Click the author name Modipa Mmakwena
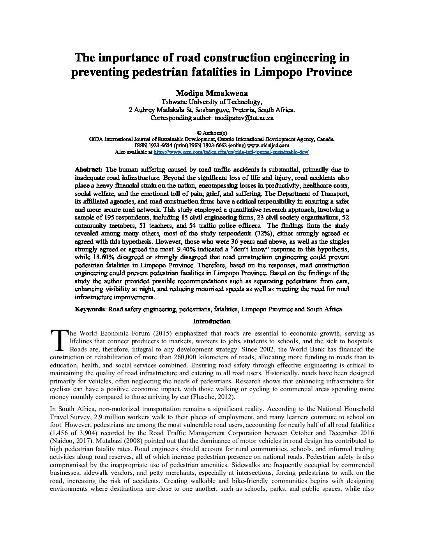click(212, 93)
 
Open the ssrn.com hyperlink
click(231, 152)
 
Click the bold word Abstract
click(88, 170)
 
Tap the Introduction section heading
click(212, 321)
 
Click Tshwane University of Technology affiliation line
click(212, 102)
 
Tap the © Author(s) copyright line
click(212, 133)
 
